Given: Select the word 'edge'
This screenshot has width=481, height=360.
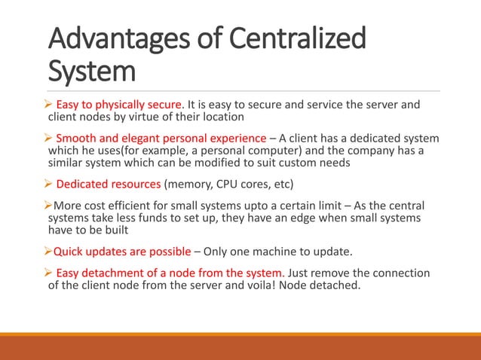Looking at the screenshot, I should tap(303, 216).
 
